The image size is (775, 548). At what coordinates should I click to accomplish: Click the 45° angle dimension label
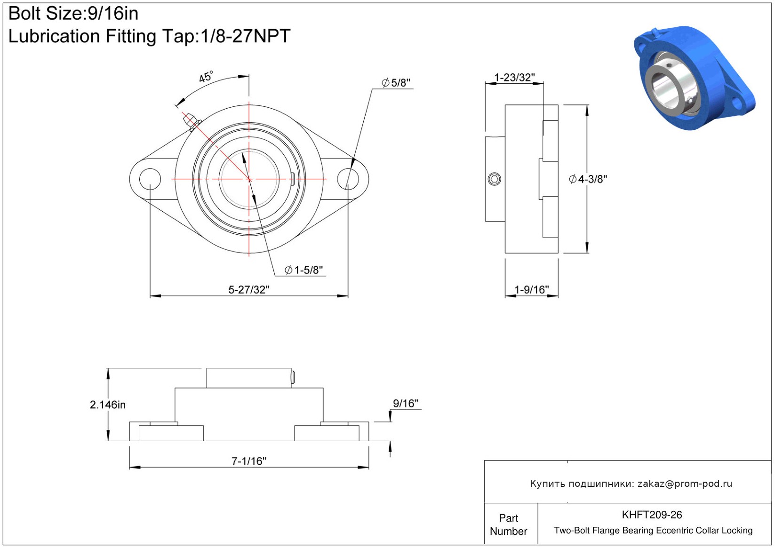click(206, 77)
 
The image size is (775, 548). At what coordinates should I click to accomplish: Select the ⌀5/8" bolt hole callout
click(396, 83)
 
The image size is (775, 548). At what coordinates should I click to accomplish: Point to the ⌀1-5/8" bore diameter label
click(304, 270)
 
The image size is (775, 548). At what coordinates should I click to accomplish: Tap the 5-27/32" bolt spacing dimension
click(249, 290)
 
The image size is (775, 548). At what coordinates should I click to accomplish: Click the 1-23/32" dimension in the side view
click(514, 78)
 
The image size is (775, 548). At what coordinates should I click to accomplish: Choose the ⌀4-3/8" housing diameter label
click(588, 179)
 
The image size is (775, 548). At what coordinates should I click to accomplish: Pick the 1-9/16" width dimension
click(531, 290)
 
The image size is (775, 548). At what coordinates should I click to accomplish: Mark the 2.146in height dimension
click(108, 405)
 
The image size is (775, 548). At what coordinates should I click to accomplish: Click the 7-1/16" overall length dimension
click(249, 461)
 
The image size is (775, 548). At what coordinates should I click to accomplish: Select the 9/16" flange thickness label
click(406, 404)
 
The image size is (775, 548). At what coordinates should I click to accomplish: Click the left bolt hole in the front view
click(150, 179)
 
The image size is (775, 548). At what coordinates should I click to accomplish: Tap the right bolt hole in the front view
click(348, 179)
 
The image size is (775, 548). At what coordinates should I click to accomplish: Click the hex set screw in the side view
click(494, 179)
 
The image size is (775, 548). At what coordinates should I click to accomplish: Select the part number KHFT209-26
click(652, 515)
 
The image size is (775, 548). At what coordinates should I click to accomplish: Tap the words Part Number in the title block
click(508, 524)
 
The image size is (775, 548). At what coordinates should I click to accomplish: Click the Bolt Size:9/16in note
click(73, 14)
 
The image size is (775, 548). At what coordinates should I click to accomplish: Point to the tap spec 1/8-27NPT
click(245, 36)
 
